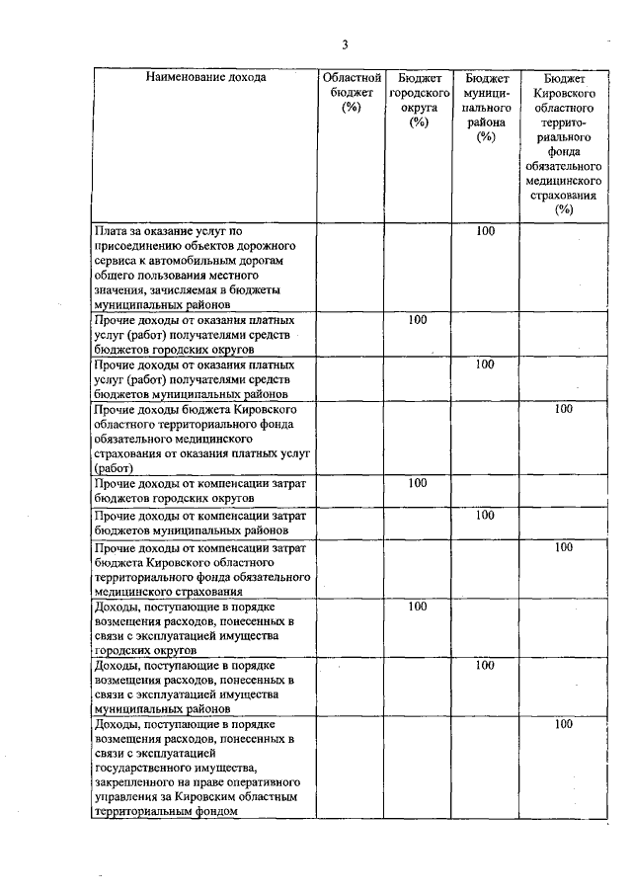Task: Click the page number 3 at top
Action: tap(346, 43)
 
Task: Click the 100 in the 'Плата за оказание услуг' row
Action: tap(485, 231)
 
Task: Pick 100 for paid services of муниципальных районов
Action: tap(485, 365)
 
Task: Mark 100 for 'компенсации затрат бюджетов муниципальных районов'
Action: tap(485, 515)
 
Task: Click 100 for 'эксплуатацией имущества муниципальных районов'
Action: tap(485, 665)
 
